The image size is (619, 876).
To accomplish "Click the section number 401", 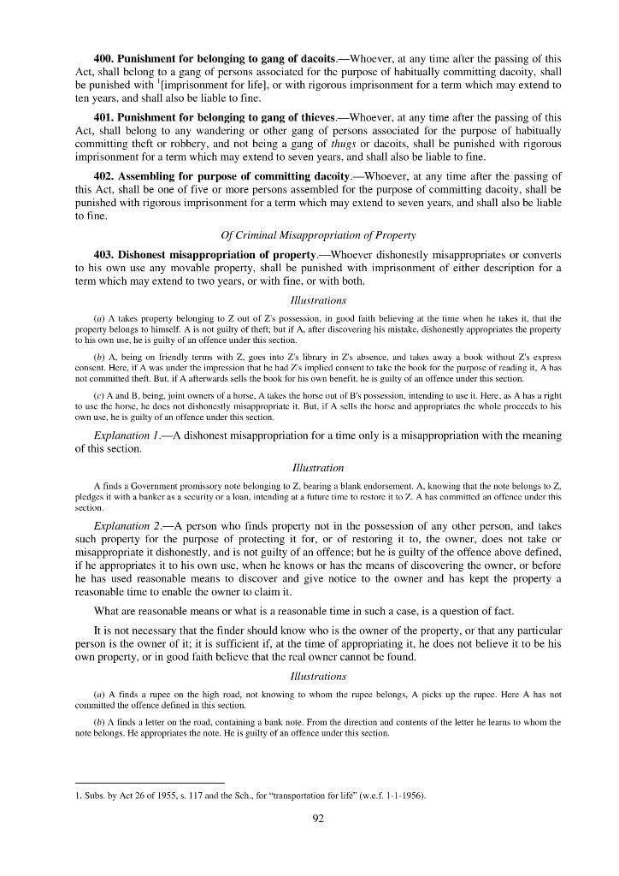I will pyautogui.click(x=104, y=116).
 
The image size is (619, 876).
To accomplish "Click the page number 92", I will pyautogui.click(x=317, y=818).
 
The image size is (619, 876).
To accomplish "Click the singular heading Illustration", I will pyautogui.click(x=317, y=468).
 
